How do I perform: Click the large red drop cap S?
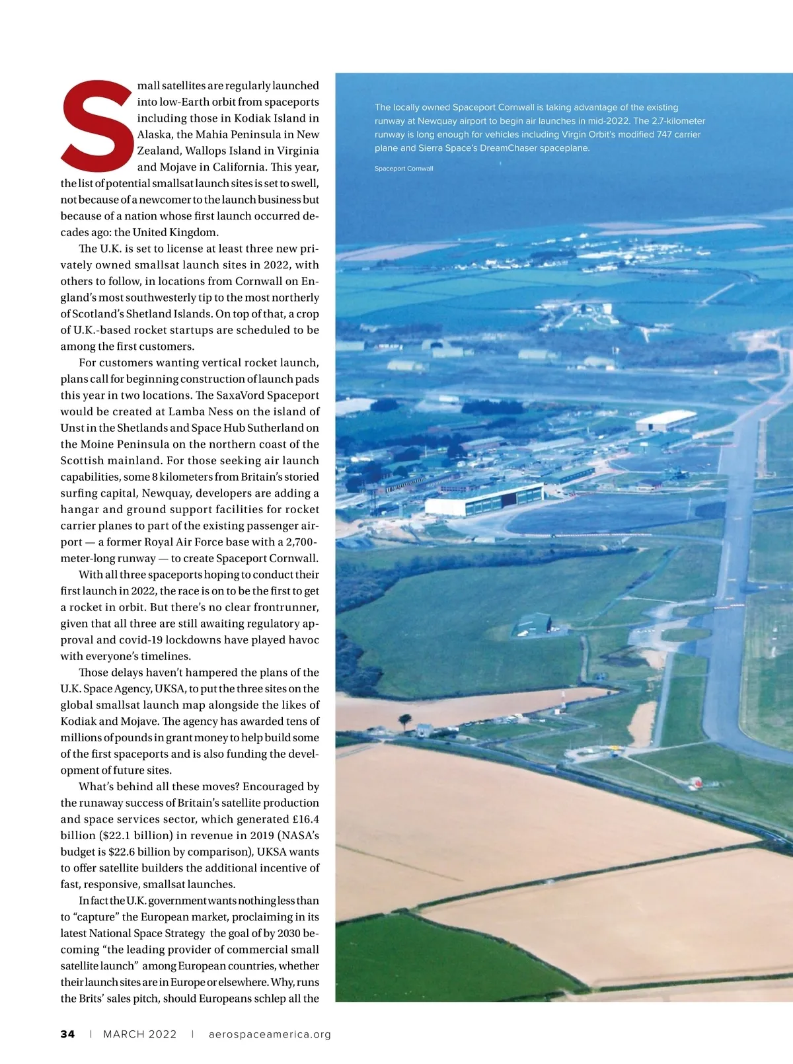[97, 125]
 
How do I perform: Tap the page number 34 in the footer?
[67, 1034]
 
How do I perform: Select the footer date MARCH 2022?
[140, 1034]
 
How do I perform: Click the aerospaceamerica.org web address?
[270, 1034]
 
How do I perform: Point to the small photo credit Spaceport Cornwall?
[404, 169]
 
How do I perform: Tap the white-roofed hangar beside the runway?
[666, 421]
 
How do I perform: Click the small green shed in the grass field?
[533, 623]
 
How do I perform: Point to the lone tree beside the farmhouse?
[404, 720]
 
